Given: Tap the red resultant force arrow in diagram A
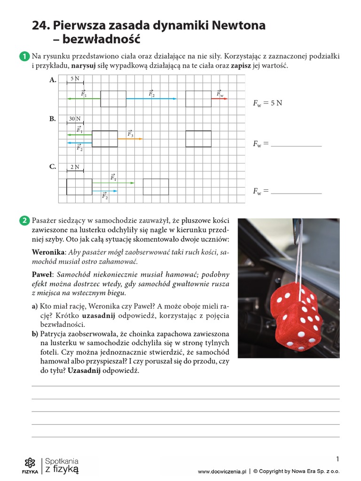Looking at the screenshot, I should point(220,99).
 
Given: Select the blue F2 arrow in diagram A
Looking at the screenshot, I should point(151,99).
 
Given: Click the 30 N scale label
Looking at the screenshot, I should point(75,119).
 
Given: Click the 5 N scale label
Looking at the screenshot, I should point(75,79).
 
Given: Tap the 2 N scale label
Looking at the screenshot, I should point(75,167).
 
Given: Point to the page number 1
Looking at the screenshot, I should point(337,459).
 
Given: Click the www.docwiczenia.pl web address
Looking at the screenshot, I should point(222,472).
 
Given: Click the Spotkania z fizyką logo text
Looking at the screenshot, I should point(62,465).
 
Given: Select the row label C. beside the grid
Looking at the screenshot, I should point(53,167).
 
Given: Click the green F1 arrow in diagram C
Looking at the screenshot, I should point(113,182).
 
